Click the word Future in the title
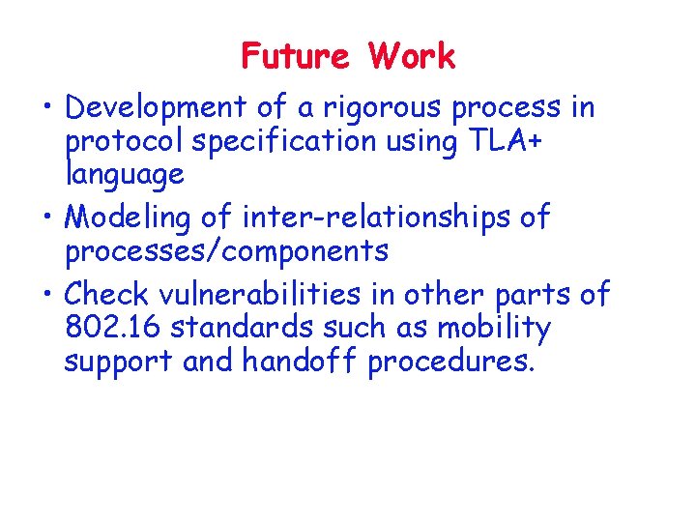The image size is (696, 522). (295, 57)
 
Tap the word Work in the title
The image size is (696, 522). (411, 57)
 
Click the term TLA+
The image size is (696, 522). (506, 142)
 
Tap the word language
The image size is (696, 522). (124, 175)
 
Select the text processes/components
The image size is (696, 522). (226, 251)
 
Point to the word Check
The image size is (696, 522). (105, 295)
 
